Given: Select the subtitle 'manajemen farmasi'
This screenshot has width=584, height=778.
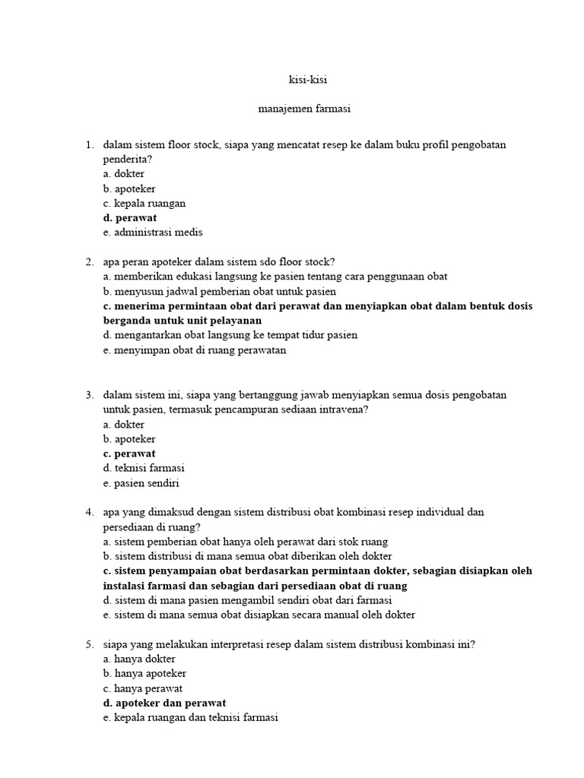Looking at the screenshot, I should click(292, 109).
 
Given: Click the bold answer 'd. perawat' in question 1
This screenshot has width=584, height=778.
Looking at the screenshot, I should click(130, 218).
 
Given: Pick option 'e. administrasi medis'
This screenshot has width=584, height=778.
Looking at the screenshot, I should click(153, 232).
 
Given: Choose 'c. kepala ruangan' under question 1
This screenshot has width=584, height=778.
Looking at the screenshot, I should click(144, 204).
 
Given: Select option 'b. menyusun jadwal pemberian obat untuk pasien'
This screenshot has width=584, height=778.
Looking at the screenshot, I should click(220, 291).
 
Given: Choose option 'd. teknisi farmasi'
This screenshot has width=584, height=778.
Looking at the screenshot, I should click(144, 468).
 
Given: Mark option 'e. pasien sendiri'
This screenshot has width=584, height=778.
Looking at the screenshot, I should click(141, 482).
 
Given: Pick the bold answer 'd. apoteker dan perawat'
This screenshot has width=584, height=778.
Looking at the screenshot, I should click(164, 703).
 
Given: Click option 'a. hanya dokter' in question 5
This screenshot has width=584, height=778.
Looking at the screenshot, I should click(139, 659).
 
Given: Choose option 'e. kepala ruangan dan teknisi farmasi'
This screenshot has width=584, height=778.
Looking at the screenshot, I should click(190, 717).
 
